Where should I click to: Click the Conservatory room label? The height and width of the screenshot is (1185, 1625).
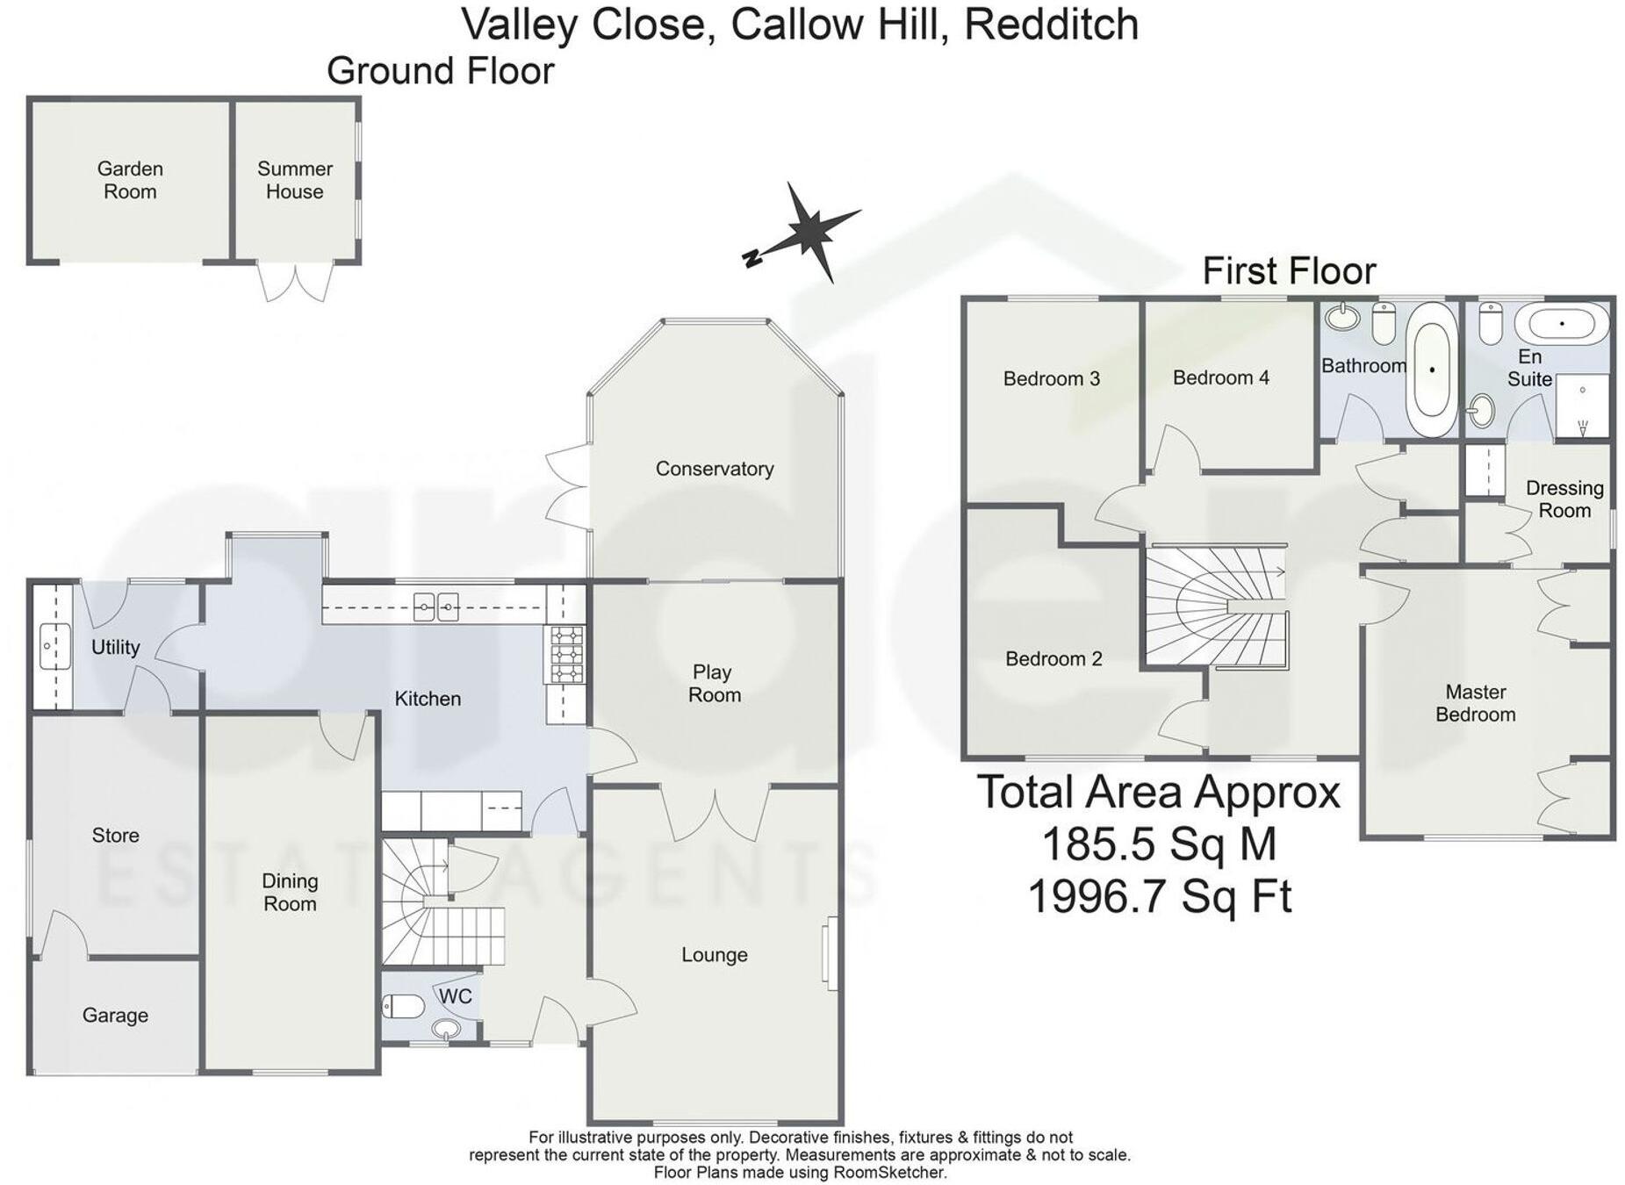(x=714, y=469)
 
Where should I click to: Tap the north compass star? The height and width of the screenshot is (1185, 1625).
(x=809, y=231)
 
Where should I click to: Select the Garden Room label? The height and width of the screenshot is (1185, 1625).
(x=130, y=180)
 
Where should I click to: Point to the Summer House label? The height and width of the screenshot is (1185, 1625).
(x=295, y=180)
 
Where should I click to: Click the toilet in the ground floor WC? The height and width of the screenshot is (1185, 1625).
(x=403, y=1005)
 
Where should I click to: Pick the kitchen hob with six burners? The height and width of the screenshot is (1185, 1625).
(x=566, y=654)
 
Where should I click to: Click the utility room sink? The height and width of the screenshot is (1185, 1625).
(x=54, y=646)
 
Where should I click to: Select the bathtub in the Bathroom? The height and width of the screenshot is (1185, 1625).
(x=1430, y=370)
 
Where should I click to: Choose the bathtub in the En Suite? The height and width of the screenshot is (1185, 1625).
(x=1562, y=324)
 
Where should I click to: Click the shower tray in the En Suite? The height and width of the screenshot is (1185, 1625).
(x=1582, y=406)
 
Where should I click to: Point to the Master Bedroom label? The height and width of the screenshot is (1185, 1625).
(x=1475, y=703)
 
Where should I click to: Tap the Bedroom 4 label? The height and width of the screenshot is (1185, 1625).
(x=1220, y=377)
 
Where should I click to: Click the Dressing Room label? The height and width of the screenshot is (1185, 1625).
(x=1564, y=499)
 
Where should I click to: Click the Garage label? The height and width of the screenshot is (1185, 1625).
(x=115, y=1015)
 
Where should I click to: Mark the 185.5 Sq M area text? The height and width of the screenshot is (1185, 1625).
(x=1159, y=844)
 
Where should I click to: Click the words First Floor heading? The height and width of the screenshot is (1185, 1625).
(x=1288, y=270)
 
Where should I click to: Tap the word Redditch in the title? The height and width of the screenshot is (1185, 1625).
(x=1051, y=25)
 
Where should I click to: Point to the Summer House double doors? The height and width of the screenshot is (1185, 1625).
(x=296, y=281)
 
